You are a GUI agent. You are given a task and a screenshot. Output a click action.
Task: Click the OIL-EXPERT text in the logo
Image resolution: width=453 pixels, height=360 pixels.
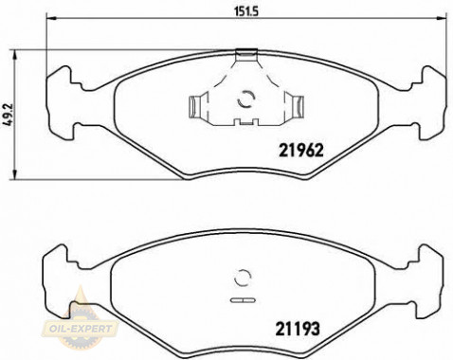pyautogui.click(x=87, y=329)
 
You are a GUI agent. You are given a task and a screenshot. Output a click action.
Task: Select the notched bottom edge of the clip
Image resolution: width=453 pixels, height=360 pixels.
pyautogui.click(x=247, y=122)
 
